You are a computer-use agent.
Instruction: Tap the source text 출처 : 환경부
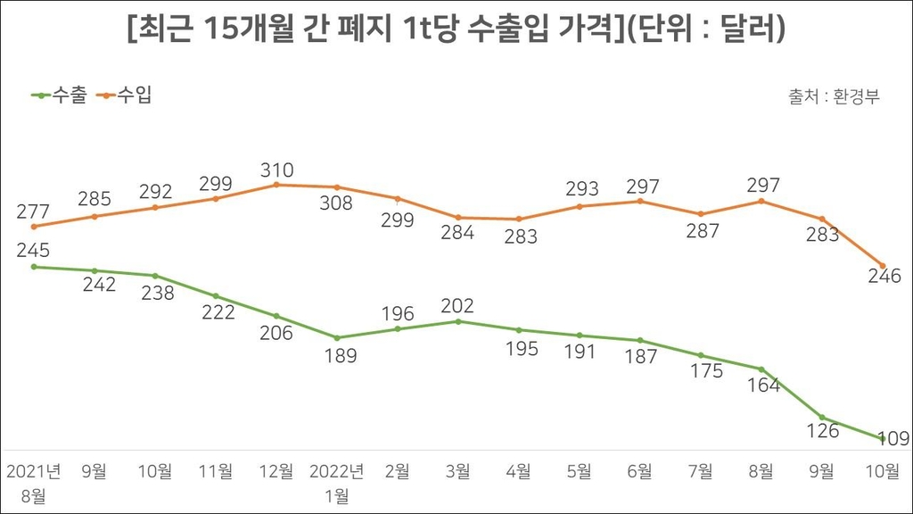click(x=834, y=96)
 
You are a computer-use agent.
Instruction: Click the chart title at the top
click(x=456, y=31)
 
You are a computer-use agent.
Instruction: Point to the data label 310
click(x=276, y=170)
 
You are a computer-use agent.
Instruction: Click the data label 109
click(x=892, y=438)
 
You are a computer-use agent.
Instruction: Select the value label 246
click(x=884, y=277)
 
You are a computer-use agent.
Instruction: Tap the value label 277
click(x=33, y=212)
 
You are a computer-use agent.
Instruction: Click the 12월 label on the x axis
click(x=276, y=470)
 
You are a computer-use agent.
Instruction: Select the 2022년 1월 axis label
click(x=337, y=483)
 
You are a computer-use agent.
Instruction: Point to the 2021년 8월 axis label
click(x=33, y=483)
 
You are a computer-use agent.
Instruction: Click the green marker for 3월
click(x=458, y=321)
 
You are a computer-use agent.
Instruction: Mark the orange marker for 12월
click(x=276, y=185)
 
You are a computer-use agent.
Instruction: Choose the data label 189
click(x=337, y=355)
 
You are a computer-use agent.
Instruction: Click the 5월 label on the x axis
click(x=580, y=470)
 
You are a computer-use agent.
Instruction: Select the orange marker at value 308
click(x=337, y=187)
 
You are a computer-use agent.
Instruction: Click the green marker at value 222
click(x=216, y=296)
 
